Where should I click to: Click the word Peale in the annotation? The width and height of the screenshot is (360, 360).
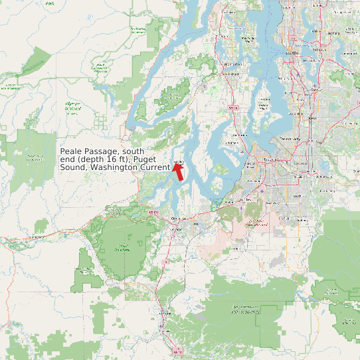72,152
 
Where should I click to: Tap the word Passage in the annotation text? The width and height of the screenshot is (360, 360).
104,152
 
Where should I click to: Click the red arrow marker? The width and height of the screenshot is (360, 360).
178,171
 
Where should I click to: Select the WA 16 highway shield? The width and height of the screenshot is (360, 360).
231,107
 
